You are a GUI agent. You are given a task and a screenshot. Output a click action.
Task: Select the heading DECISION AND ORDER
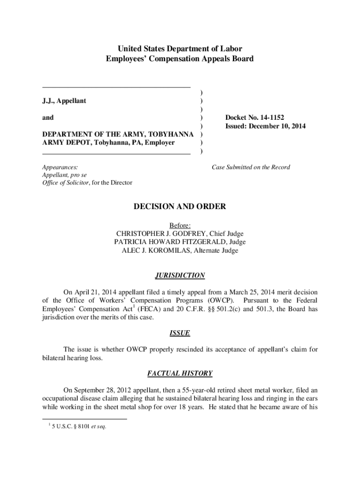click(180, 206)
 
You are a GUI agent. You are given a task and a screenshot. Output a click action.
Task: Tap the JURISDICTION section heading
click(180, 275)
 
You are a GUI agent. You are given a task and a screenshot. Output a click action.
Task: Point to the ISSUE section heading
click(180, 333)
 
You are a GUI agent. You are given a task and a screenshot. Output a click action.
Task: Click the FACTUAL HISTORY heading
click(180, 373)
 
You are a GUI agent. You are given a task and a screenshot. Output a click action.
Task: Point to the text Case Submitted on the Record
click(251, 167)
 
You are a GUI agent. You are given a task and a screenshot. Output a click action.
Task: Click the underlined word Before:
click(180, 225)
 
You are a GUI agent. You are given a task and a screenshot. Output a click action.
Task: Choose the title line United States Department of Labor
click(180, 49)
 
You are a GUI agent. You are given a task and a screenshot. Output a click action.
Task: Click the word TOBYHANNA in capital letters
click(171, 135)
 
